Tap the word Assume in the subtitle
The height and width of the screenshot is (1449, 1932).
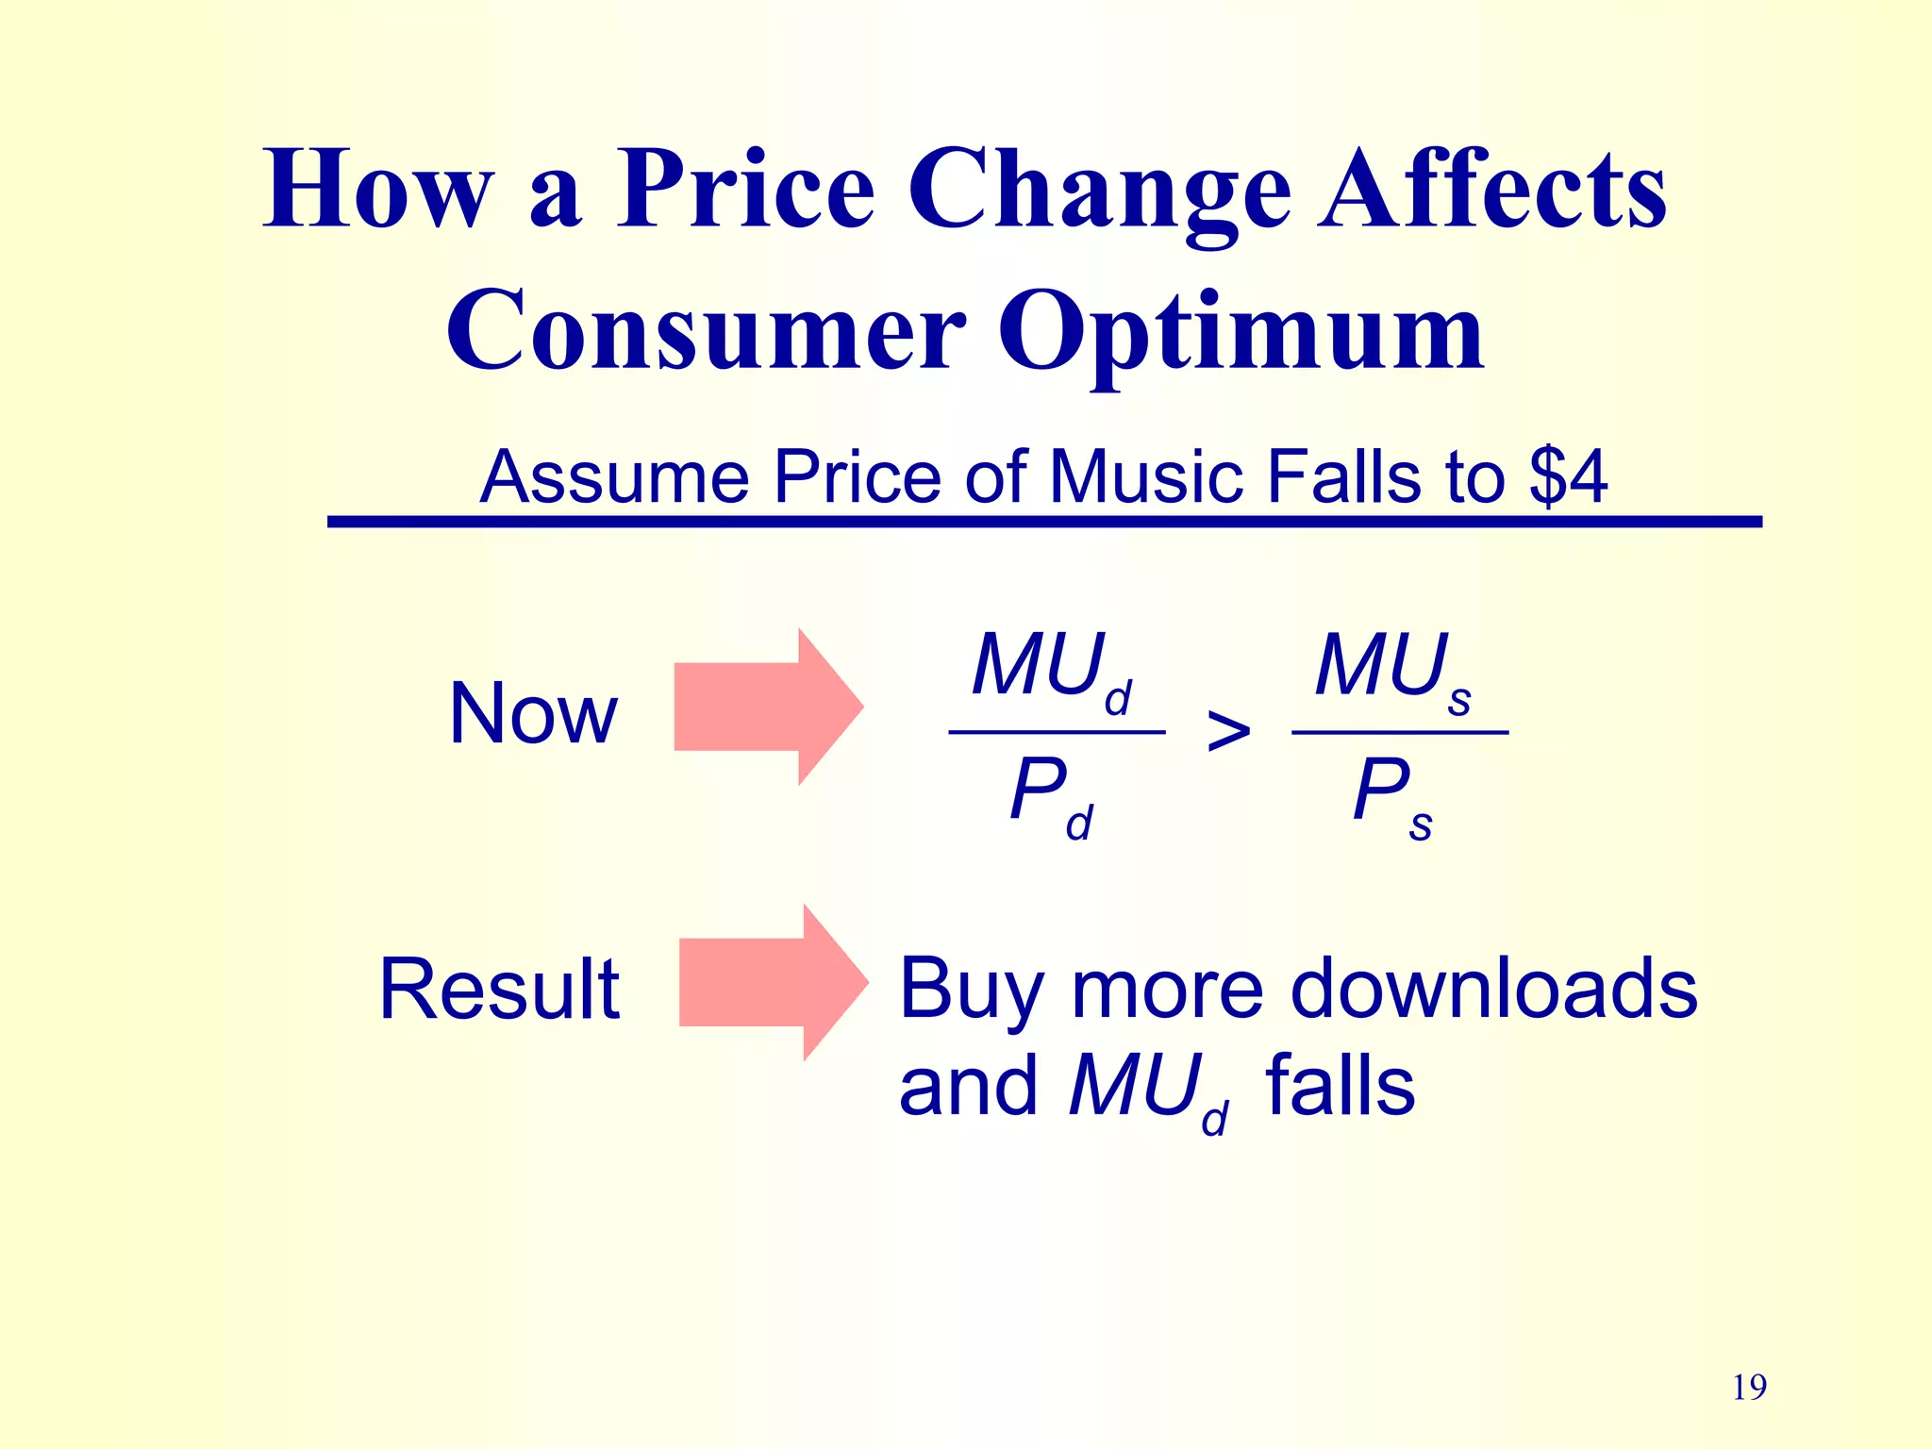tap(614, 477)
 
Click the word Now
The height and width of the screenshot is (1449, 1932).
tap(533, 714)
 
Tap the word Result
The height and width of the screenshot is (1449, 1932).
tap(499, 990)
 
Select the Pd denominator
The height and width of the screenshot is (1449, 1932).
tap(1050, 795)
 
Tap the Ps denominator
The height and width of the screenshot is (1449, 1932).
tap(1391, 795)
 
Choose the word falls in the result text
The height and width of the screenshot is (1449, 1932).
tap(1340, 1087)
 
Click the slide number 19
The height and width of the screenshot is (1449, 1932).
tap(1749, 1388)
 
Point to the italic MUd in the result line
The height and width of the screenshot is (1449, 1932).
tap(1147, 1090)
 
